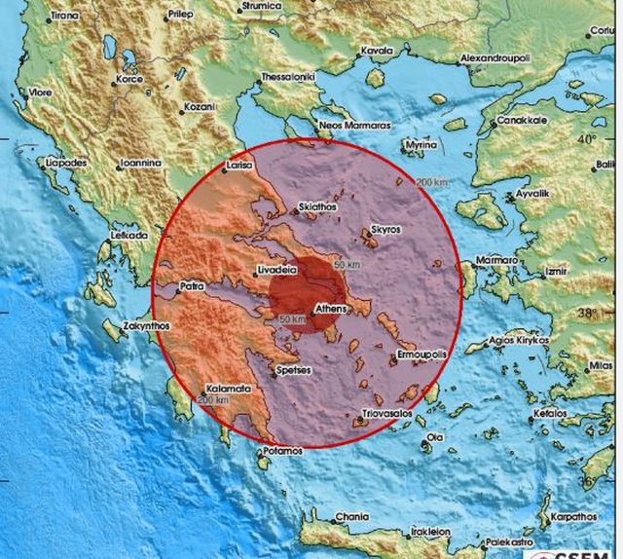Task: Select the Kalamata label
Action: coord(226,388)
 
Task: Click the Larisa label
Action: coord(238,167)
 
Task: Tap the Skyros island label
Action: coord(386,230)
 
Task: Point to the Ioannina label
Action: coord(140,164)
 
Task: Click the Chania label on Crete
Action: coord(351,516)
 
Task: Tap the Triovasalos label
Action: coord(388,414)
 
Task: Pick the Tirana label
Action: coord(39,17)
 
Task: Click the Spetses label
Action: coord(295,371)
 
